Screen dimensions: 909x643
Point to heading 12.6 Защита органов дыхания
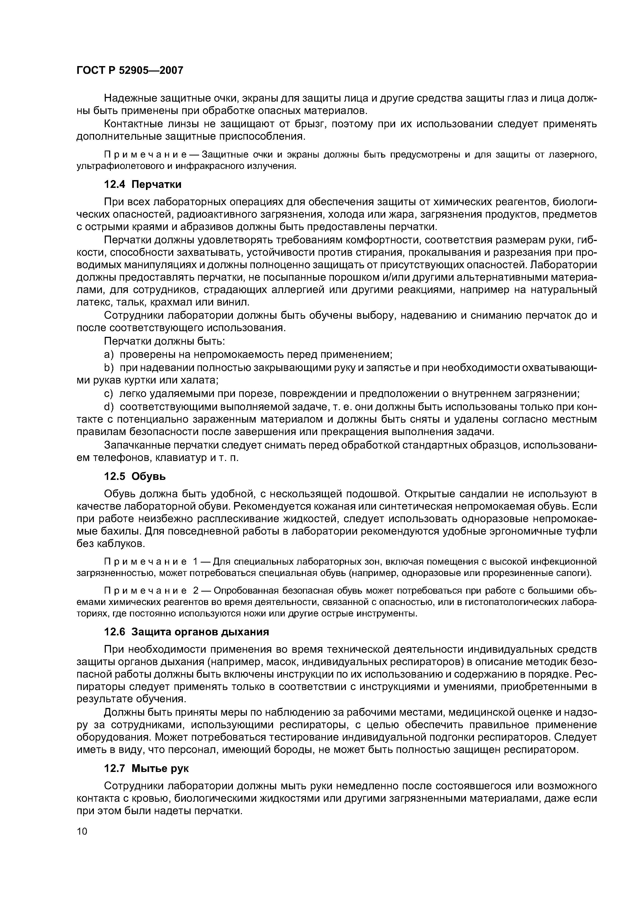(x=186, y=632)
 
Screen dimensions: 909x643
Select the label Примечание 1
(x=151, y=562)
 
